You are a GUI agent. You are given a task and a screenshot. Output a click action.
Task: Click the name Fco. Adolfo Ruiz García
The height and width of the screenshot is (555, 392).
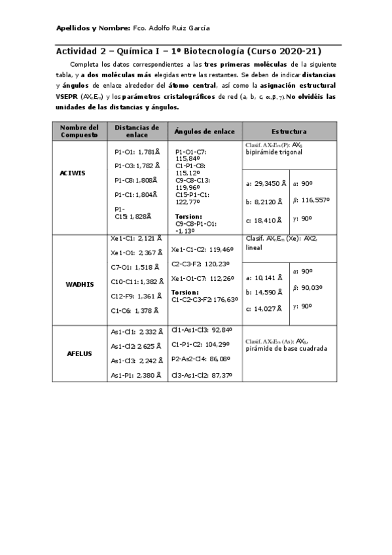171,29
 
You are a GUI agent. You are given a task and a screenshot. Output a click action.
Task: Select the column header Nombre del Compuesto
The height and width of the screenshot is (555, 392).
84,130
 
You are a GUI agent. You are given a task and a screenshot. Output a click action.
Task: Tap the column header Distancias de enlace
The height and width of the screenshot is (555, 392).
137,130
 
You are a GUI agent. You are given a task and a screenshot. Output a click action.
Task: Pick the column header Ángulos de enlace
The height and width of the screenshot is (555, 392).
204,131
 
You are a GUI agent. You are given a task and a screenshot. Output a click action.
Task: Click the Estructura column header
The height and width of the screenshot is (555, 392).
289,131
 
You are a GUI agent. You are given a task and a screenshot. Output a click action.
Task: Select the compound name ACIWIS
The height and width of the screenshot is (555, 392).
73,173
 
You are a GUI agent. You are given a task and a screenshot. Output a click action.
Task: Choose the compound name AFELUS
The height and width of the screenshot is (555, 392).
79,353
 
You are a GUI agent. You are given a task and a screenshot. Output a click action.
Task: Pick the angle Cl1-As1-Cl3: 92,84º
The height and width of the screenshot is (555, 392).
202,331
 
